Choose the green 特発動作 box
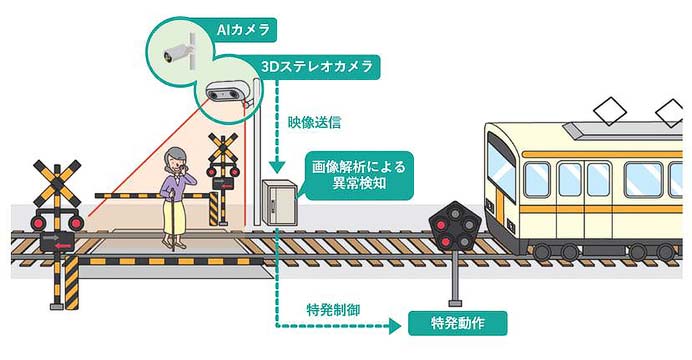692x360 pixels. point(458,323)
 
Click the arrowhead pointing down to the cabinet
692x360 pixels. point(274,171)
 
